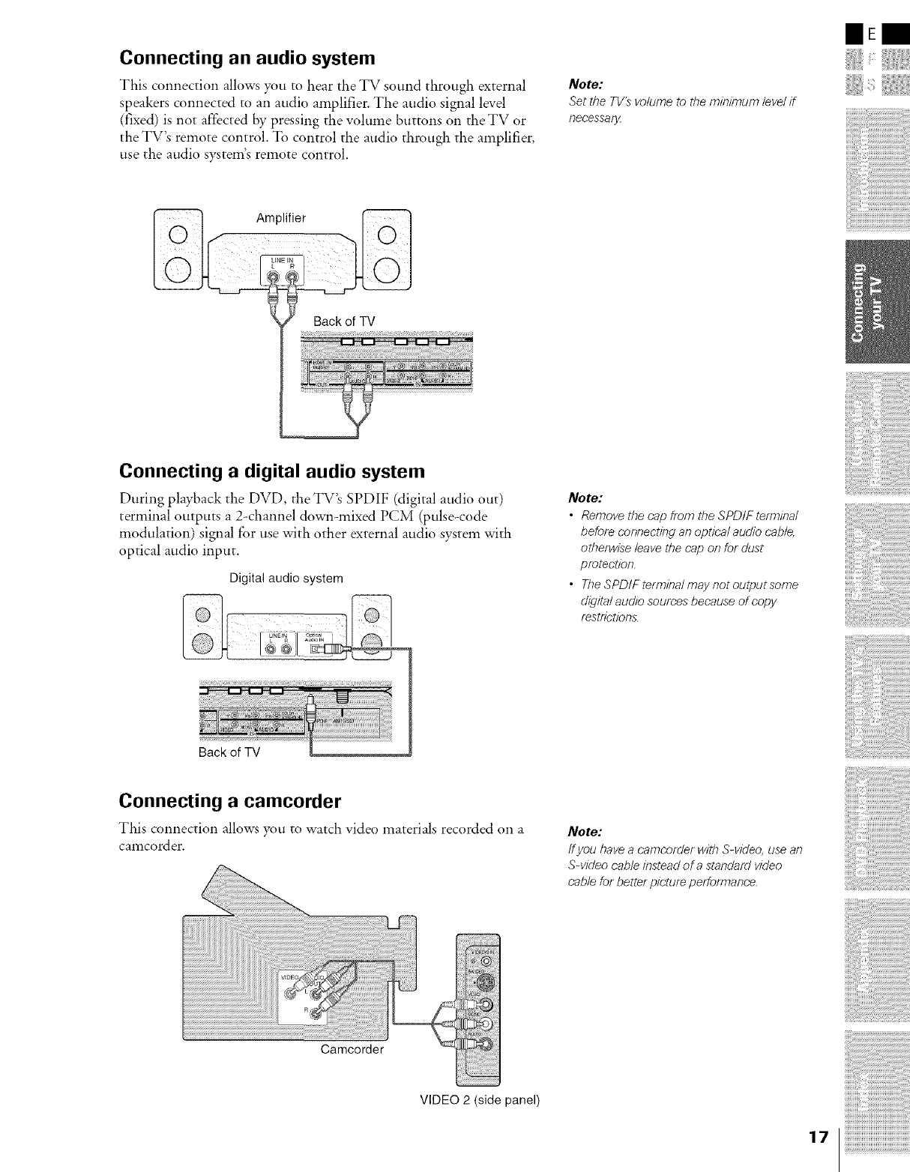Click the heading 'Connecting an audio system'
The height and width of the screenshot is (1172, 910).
247,58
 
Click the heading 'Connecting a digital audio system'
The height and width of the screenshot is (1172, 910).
272,471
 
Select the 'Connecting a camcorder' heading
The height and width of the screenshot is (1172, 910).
230,802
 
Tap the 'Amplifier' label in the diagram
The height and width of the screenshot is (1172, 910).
281,218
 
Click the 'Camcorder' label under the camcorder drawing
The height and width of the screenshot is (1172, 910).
352,1049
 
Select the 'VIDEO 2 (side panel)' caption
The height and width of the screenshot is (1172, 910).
479,1100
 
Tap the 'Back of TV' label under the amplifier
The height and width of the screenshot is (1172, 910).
344,321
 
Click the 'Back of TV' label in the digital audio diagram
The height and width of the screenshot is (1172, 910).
229,752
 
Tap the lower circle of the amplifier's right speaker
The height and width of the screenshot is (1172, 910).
387,268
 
